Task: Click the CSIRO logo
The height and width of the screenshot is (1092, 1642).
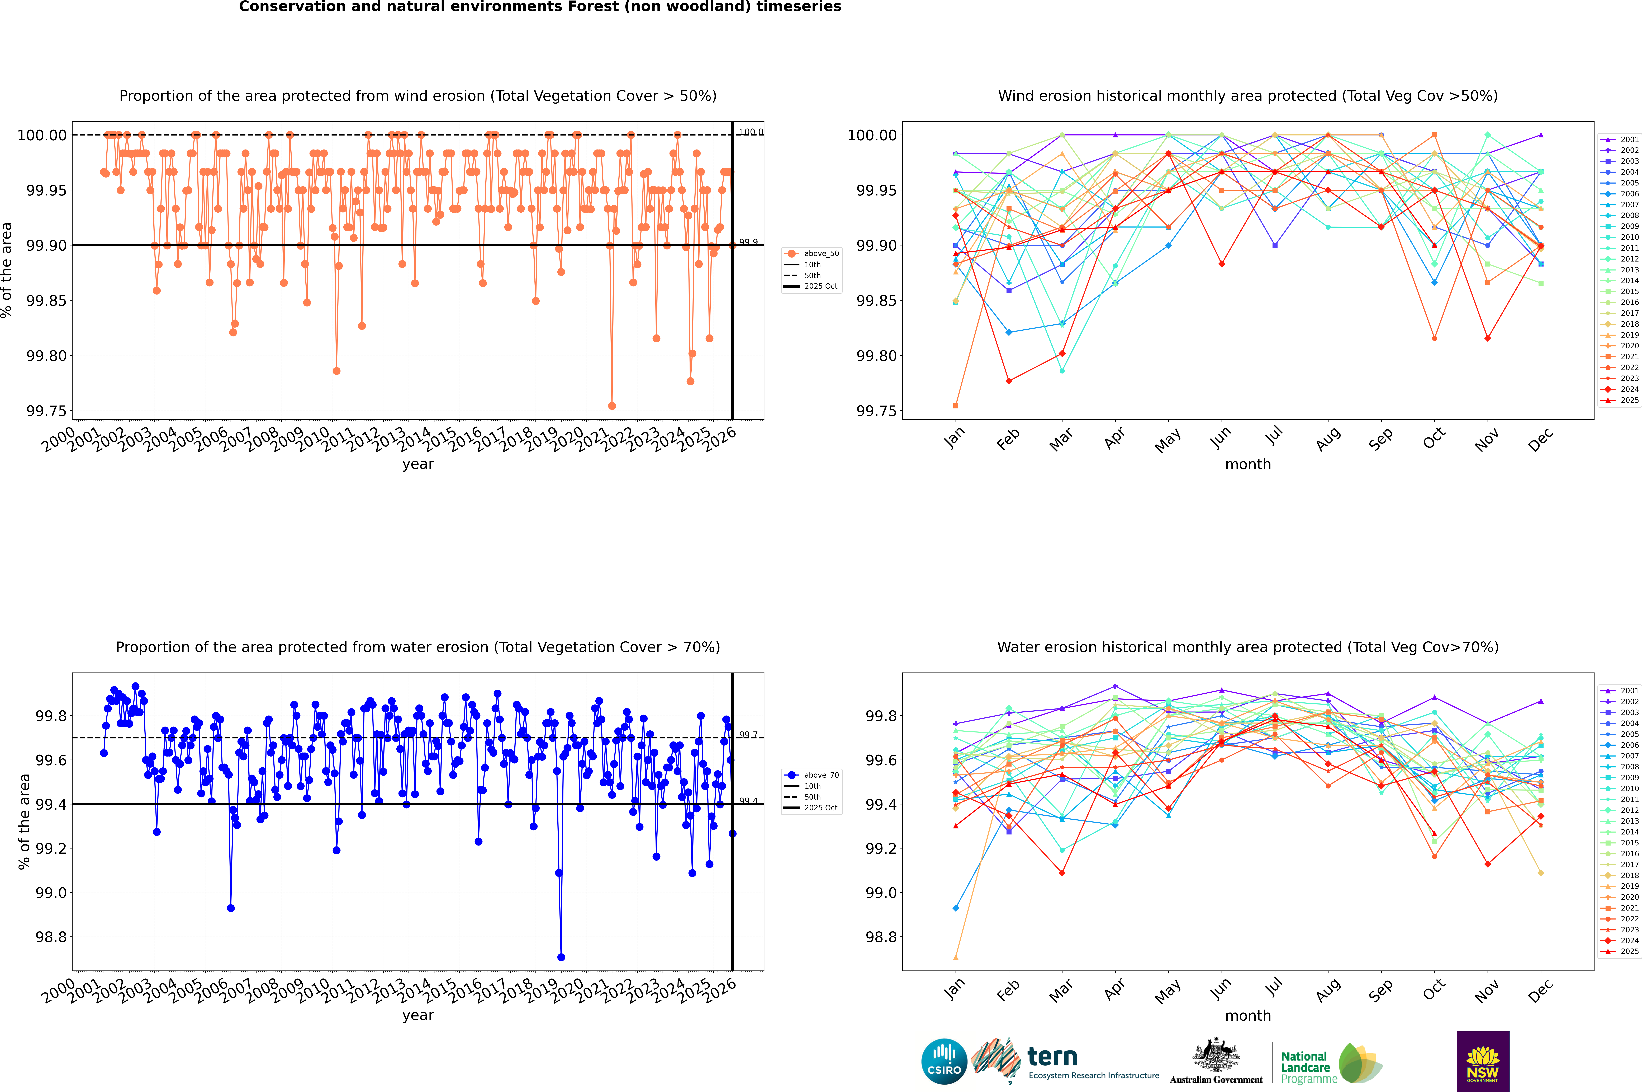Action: pyautogui.click(x=944, y=1061)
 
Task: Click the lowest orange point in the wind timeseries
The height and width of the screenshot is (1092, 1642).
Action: pyautogui.click(x=612, y=406)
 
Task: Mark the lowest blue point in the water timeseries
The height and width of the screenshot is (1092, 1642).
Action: pyautogui.click(x=561, y=958)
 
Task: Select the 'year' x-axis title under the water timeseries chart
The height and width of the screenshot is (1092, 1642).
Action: pyautogui.click(x=418, y=1015)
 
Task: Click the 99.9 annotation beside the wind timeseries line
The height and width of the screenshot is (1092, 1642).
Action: pyautogui.click(x=748, y=242)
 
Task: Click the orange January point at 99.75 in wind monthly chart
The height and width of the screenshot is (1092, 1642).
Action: pyautogui.click(x=956, y=406)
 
